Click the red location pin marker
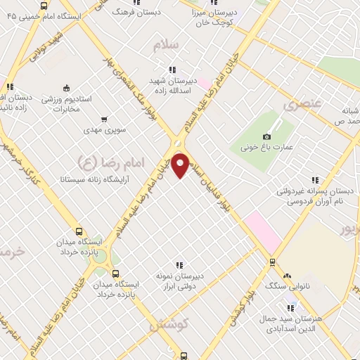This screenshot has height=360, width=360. pyautogui.click(x=181, y=165)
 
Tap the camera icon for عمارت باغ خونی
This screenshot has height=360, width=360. pyautogui.click(x=266, y=136)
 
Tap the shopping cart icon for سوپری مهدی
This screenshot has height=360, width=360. pyautogui.click(x=105, y=119)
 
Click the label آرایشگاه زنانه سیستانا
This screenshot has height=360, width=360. pyautogui.click(x=93, y=180)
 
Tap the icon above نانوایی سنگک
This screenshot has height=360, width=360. pyautogui.click(x=288, y=276)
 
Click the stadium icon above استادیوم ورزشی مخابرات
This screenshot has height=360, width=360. pyautogui.click(x=66, y=88)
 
